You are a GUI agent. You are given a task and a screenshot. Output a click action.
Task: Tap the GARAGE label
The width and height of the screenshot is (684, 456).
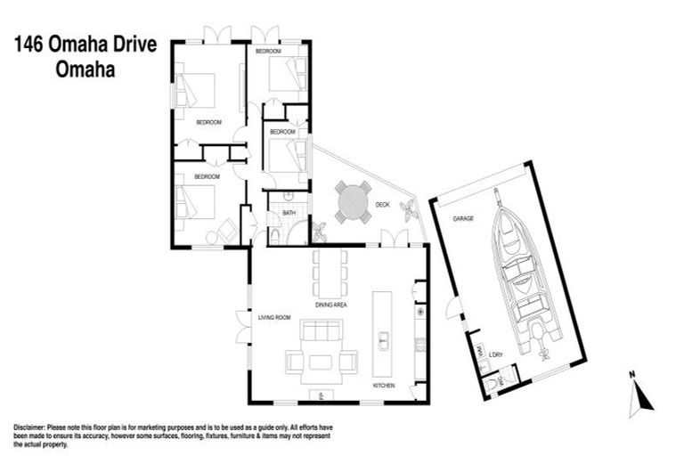[462, 217]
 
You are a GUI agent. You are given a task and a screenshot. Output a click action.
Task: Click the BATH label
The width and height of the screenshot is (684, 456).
[289, 214]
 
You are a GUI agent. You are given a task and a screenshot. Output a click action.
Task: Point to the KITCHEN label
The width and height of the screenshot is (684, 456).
[385, 386]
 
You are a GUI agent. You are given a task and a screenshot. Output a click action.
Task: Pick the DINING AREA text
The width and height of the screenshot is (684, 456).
[330, 305]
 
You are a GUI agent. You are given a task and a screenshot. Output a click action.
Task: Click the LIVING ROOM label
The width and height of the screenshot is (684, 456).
[275, 317]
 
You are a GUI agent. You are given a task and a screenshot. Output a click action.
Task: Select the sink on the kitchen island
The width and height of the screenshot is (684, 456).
[384, 338]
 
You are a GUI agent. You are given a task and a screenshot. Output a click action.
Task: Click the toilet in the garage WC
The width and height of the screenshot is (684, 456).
[495, 384]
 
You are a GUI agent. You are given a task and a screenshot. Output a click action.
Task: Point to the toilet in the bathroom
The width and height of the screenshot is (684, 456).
[275, 235]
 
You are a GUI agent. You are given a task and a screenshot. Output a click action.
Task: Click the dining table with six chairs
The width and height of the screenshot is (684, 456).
[328, 273]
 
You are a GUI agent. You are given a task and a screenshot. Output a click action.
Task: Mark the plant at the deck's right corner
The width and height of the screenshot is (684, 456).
[410, 211]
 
